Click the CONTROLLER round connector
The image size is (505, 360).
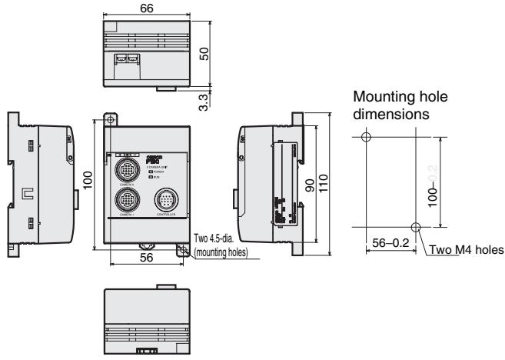click(165, 200)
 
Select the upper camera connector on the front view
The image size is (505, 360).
click(125, 169)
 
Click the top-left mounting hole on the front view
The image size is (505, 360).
click(111, 121)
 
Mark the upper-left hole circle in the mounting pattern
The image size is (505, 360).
click(365, 137)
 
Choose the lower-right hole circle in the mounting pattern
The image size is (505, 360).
click(416, 227)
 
